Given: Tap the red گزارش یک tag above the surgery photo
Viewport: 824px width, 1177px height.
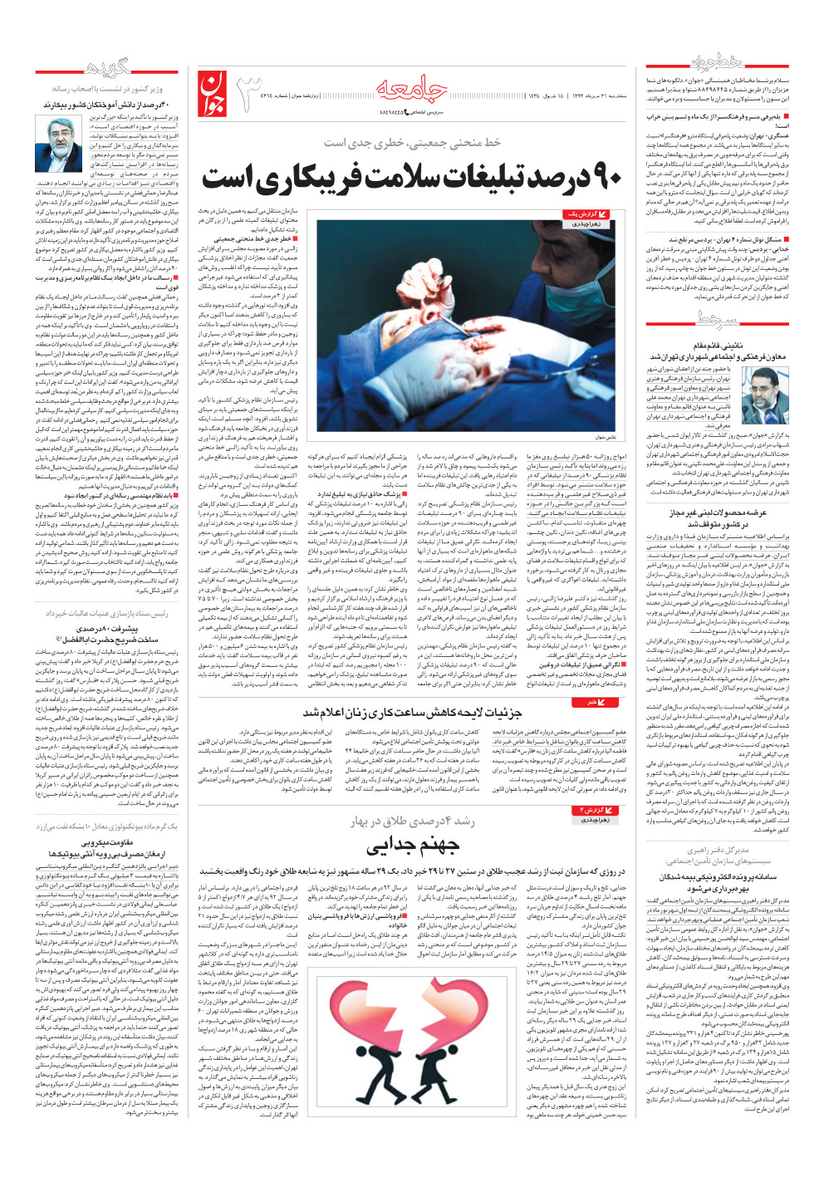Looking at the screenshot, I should pyautogui.click(x=586, y=215).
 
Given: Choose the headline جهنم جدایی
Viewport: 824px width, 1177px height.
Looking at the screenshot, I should pyautogui.click(x=413, y=846).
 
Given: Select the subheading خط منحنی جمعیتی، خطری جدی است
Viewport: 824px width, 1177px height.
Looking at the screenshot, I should pyautogui.click(x=413, y=143).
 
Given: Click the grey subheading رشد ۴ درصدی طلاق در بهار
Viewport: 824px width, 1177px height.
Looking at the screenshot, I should pyautogui.click(x=413, y=821).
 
